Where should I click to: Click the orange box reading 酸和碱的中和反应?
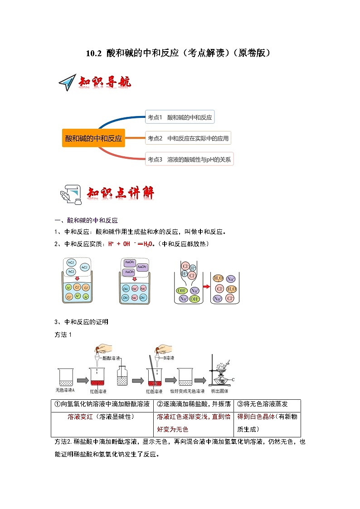[93, 138]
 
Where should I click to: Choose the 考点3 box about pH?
[190, 159]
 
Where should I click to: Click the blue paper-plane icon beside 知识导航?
[67, 83]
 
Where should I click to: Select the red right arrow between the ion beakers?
[205, 287]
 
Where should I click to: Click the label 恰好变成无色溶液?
[187, 391]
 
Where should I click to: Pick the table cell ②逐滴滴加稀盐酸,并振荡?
[194, 404]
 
